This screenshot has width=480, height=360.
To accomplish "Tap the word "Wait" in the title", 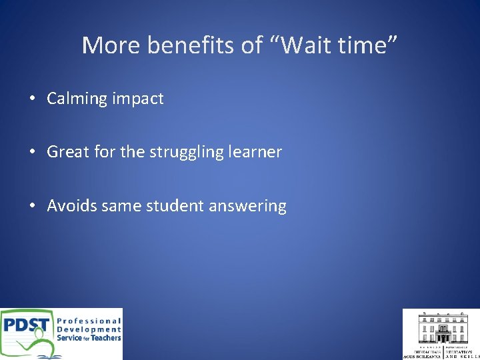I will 300,45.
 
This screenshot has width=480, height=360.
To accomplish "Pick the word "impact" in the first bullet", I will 138,99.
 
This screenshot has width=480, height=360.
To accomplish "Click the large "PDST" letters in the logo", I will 25,327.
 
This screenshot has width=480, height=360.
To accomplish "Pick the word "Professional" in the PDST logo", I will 89,321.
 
